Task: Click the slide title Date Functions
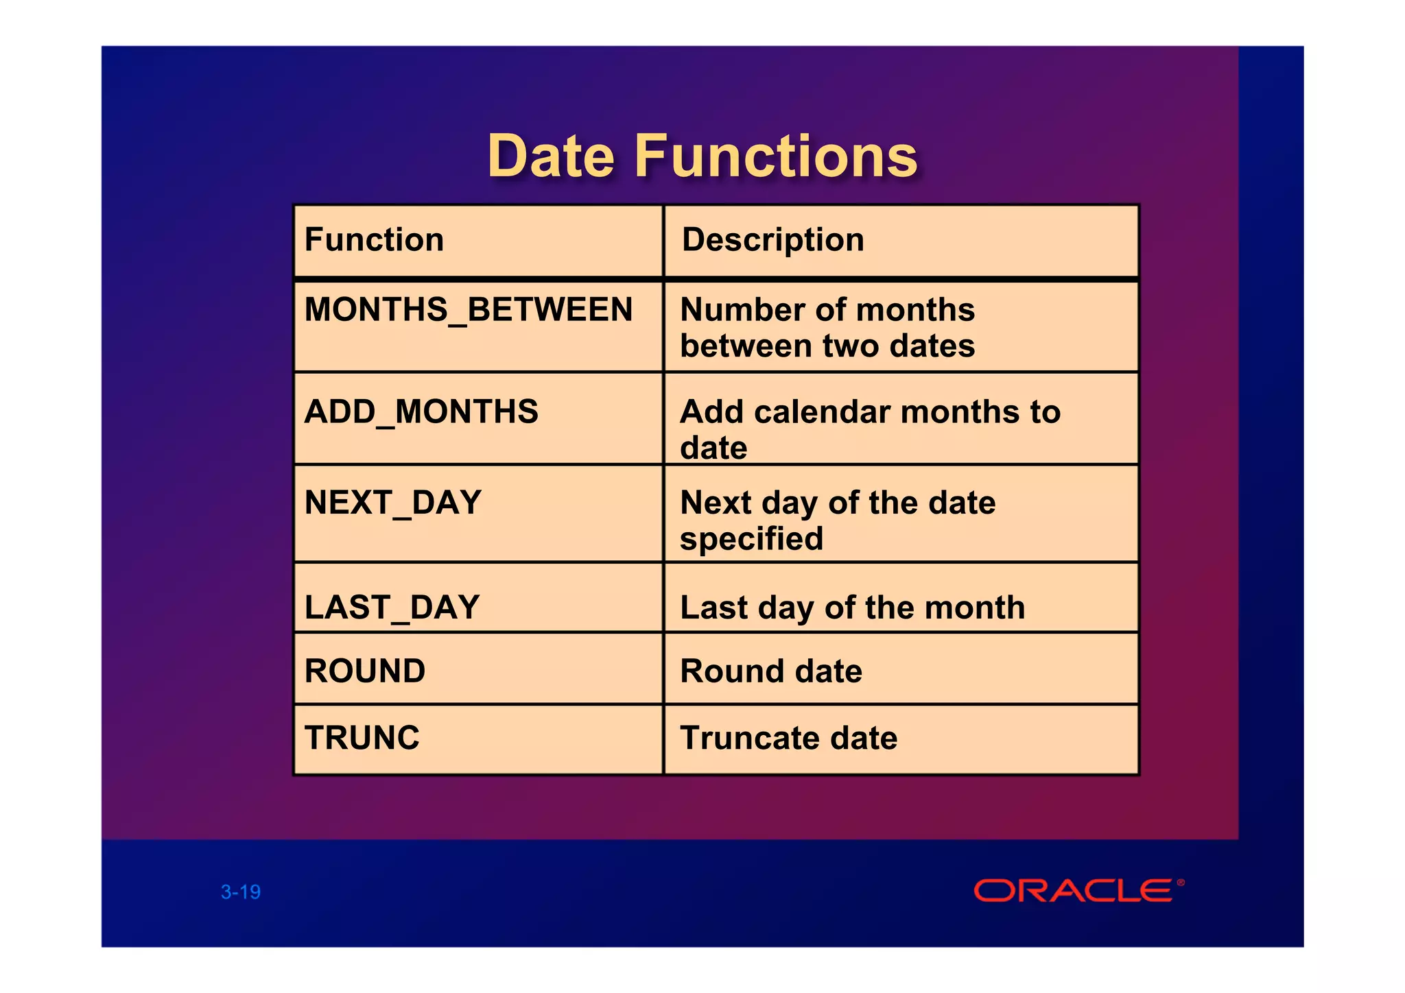702,156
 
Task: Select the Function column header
374,240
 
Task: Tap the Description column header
772,240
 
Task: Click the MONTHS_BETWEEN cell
469,309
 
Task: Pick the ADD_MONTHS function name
421,411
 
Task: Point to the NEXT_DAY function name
393,503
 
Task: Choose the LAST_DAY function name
392,608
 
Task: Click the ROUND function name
365,671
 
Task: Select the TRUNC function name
362,738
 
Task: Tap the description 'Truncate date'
788,739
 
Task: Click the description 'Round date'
771,671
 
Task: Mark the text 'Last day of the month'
852,608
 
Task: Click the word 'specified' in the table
751,539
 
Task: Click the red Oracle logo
1073,891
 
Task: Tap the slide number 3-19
241,892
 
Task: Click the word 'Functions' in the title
776,156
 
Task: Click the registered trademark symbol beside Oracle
1181,883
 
